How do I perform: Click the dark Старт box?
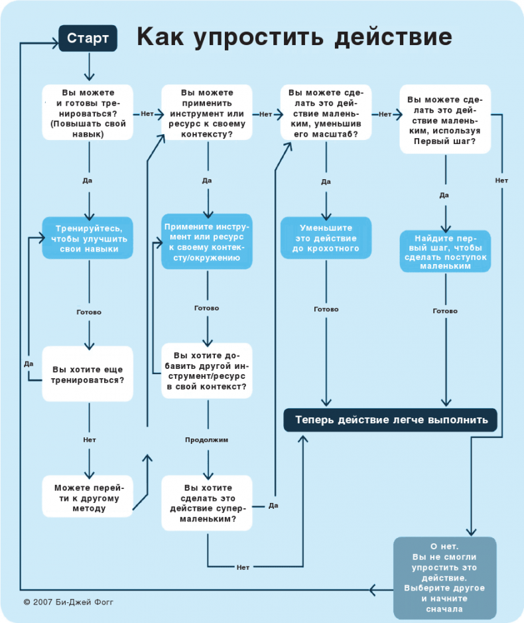88,38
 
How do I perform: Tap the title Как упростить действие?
295,37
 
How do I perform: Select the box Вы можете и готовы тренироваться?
88,112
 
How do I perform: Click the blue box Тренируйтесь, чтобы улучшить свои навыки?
88,238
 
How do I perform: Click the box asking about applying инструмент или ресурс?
207,112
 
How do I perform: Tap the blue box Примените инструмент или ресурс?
207,241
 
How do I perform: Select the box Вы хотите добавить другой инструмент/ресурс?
207,370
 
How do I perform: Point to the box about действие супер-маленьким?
207,502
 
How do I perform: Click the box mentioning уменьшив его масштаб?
326,112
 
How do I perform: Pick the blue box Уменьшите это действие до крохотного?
326,238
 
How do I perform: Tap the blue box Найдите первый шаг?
444,251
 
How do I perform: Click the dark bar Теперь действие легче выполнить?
391,420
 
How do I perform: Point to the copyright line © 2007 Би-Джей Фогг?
73,602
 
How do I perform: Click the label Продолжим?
207,440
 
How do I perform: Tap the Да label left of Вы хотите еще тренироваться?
29,364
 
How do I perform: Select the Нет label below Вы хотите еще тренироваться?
89,440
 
